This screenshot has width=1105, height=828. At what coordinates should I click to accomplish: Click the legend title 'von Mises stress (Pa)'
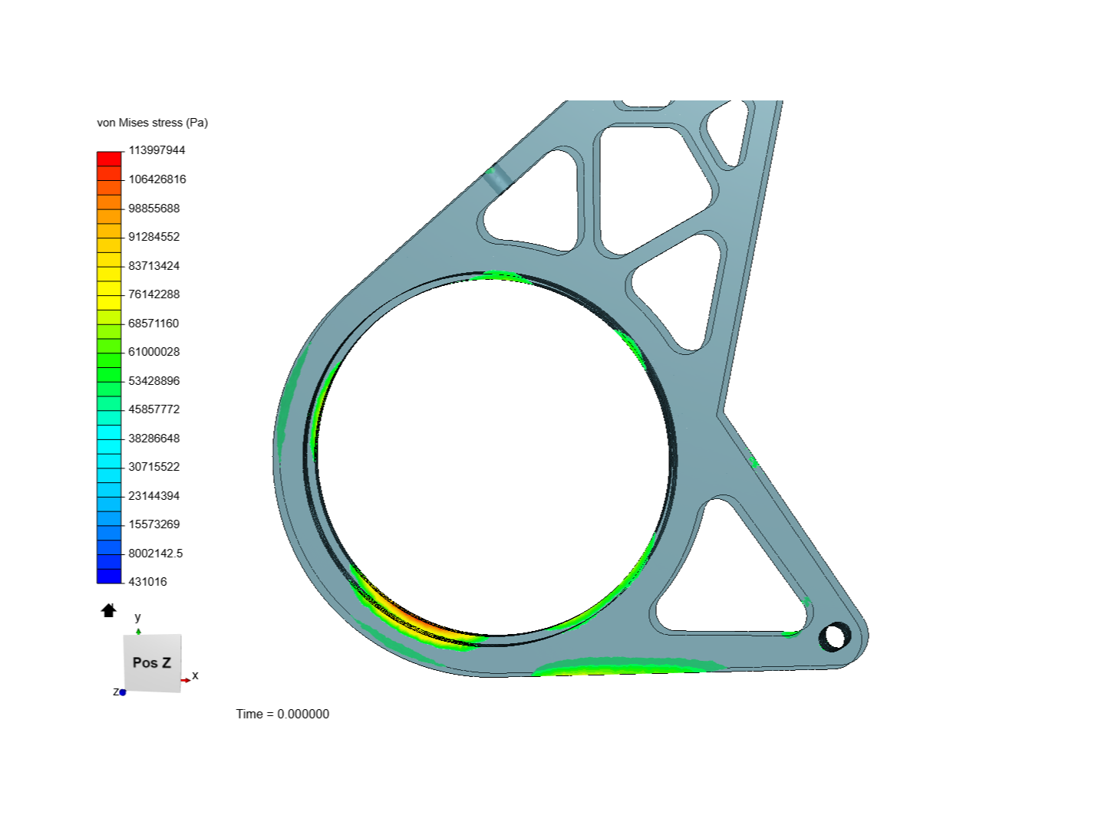click(x=152, y=123)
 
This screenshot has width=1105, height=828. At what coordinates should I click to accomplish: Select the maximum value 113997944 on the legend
click(x=157, y=150)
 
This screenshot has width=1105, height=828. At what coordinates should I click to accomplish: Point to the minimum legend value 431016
click(x=147, y=582)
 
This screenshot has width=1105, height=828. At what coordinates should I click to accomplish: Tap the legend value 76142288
click(x=154, y=294)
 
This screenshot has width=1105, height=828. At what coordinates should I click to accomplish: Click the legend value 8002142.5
click(x=156, y=553)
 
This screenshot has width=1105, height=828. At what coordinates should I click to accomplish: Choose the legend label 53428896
click(x=154, y=380)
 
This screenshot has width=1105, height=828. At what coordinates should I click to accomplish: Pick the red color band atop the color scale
click(x=109, y=159)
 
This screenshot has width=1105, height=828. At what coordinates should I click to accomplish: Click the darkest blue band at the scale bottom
click(x=109, y=576)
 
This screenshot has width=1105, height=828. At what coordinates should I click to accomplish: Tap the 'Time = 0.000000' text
click(x=282, y=714)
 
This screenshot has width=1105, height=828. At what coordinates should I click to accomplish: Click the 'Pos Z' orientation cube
click(x=152, y=662)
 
